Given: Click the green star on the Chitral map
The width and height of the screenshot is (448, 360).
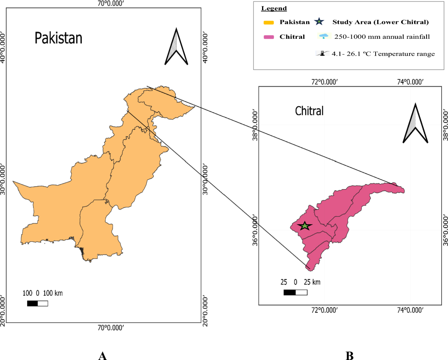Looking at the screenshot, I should click(305, 226).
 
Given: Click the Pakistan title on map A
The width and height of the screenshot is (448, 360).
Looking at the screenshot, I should click(58, 38).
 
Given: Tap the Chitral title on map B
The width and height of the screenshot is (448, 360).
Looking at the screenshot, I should click(309, 111).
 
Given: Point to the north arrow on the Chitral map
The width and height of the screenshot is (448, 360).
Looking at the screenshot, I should click(415, 124).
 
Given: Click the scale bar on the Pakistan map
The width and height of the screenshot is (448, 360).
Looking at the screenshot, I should click(37, 303).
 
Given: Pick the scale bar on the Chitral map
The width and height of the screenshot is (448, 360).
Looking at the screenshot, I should click(295, 292).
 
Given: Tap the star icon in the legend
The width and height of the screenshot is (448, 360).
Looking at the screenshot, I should click(319, 22).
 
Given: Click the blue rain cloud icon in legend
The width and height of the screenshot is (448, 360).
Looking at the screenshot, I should click(323, 37).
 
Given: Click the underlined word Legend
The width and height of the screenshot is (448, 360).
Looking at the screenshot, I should click(274, 8).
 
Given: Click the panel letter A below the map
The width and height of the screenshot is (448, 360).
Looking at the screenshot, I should click(103, 356).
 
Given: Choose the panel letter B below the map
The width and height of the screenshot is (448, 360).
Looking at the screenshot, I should click(350, 356).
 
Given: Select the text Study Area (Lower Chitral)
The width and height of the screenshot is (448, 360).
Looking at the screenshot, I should click(380, 22).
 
